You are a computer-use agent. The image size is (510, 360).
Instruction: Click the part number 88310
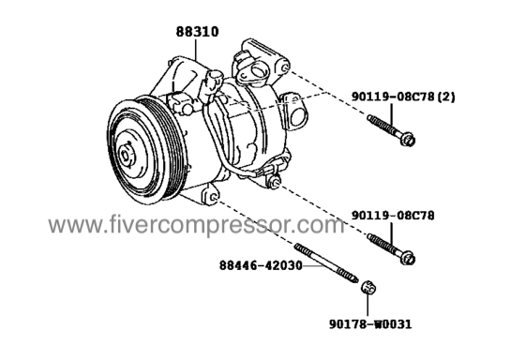198,32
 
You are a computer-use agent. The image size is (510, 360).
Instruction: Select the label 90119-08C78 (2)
403,97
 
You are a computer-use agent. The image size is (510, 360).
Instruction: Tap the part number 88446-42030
262,265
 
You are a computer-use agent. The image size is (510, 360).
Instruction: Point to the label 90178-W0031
370,323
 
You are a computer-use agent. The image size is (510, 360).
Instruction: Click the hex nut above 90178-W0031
368,288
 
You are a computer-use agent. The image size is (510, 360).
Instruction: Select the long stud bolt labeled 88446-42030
326,263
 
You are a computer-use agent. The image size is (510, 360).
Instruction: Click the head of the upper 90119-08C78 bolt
407,139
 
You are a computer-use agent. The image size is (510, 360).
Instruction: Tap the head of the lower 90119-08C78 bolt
407,258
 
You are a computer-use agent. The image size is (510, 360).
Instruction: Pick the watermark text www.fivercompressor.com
196,225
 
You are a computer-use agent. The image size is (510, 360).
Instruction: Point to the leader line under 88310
196,49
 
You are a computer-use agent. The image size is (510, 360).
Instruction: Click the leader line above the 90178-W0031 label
367,305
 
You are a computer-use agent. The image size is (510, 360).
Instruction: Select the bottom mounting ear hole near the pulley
214,197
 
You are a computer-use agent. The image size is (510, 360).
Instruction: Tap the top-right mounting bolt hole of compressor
285,67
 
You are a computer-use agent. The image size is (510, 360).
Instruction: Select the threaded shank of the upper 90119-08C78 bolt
383,125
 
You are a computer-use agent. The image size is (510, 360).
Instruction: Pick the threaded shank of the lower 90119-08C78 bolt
383,244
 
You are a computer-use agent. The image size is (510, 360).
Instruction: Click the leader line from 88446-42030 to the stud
313,265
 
